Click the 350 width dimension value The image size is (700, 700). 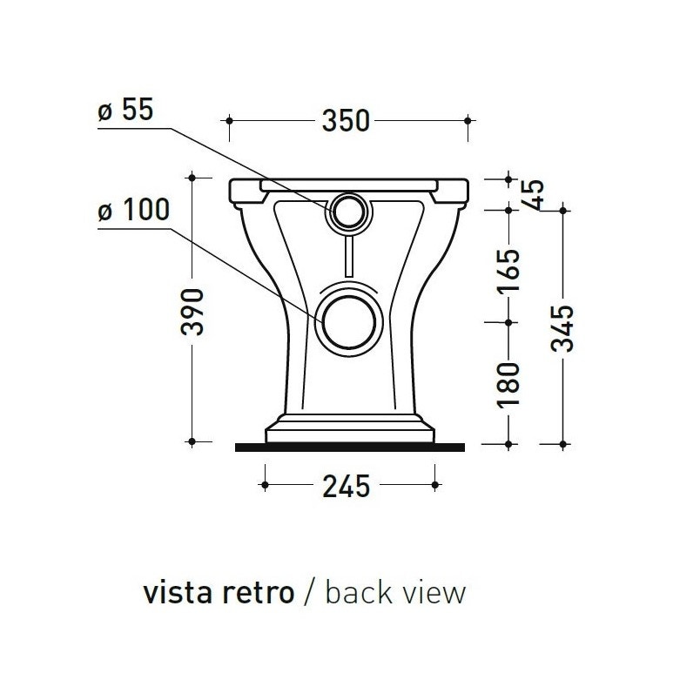click(x=347, y=120)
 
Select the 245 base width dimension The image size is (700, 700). click(x=347, y=485)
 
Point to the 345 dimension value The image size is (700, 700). click(x=564, y=327)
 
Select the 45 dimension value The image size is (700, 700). click(x=534, y=193)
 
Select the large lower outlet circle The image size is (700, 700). click(x=349, y=320)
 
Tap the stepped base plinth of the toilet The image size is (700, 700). click(x=349, y=431)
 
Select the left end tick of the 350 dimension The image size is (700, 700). click(x=228, y=119)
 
